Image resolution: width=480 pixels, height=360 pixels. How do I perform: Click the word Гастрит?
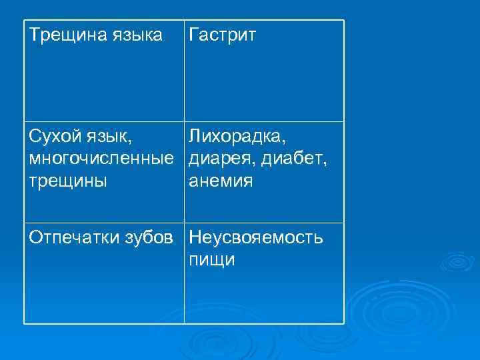click(222, 35)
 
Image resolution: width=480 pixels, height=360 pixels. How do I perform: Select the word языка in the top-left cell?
click(138, 35)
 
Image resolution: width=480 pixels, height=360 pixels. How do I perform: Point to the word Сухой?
click(55, 137)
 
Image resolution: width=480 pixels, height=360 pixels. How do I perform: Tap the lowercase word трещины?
click(67, 181)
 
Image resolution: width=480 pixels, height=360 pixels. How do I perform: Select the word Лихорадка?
click(237, 137)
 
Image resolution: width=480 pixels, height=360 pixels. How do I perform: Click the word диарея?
click(221, 159)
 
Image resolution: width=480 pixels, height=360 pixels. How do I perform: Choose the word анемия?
click(221, 181)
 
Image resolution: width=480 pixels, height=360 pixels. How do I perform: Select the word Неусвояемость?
click(257, 238)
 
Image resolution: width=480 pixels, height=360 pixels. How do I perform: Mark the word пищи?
click(212, 260)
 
